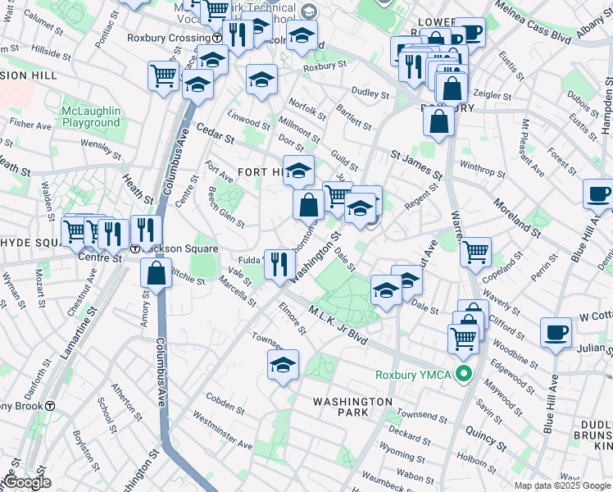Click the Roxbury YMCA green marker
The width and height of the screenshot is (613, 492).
(465, 376)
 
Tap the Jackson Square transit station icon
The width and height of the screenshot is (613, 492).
(135, 248)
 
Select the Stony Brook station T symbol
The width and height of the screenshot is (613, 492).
(50, 406)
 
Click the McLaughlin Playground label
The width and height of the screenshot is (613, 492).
(90, 116)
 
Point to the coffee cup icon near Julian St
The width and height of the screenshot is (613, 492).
(556, 332)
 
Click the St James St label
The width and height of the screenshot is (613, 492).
(416, 163)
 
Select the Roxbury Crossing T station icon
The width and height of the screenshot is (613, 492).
(216, 38)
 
